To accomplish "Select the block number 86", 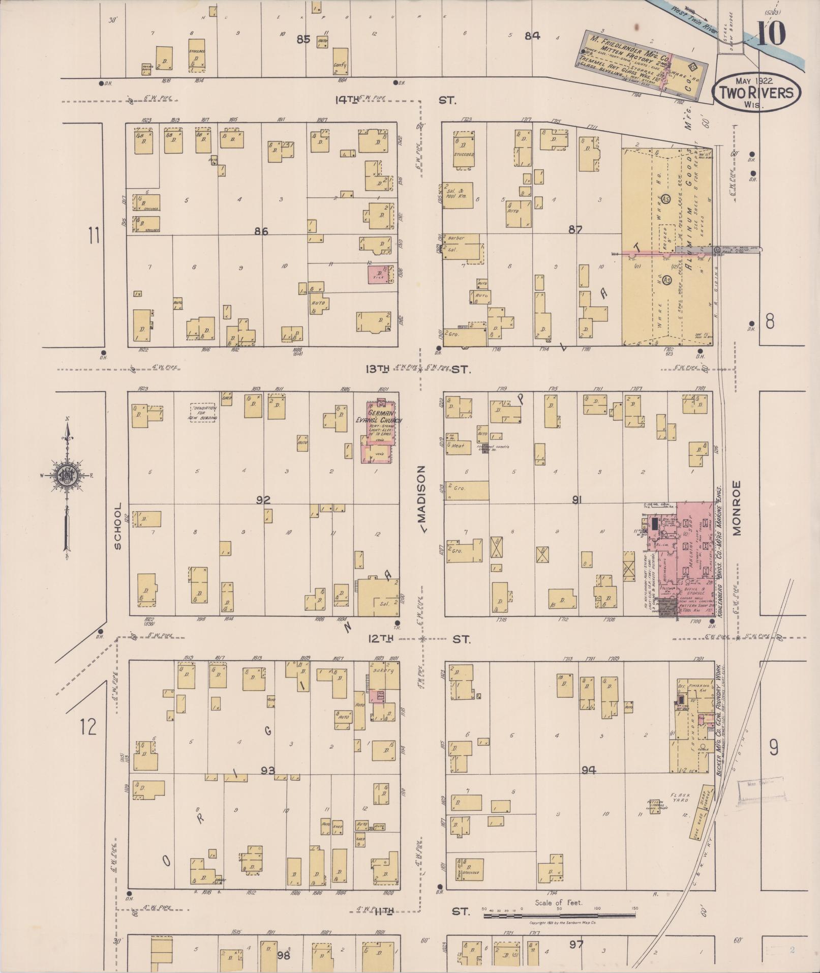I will coord(261,231).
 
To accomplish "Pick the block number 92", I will coord(263,500).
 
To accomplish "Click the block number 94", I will coord(589,770).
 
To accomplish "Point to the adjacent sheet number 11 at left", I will coord(94,236).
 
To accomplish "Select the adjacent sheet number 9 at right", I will coord(773,747).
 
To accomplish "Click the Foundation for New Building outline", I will coord(204,412).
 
